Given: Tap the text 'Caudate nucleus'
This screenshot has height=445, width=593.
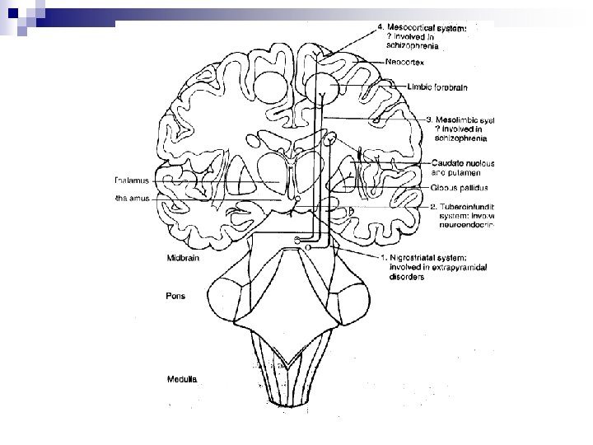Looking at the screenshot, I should [x=462, y=163].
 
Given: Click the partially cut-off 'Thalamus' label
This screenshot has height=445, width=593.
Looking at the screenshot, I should [x=132, y=181].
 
